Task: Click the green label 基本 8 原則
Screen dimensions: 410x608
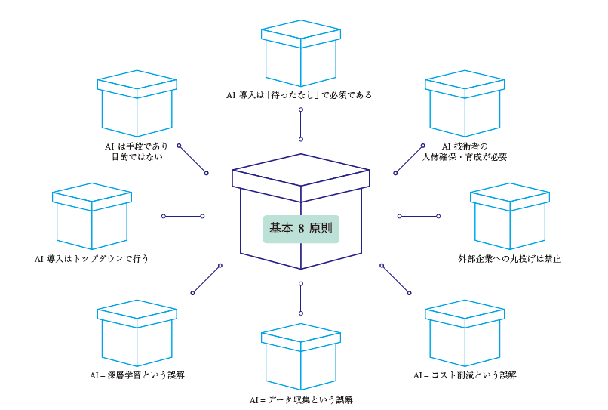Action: tap(301, 227)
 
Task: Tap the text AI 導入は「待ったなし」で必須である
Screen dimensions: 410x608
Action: tap(299, 96)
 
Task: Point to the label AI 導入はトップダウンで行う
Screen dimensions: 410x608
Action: tap(91, 258)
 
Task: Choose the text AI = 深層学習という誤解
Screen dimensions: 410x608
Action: tap(137, 375)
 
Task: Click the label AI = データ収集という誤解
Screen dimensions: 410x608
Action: tap(301, 399)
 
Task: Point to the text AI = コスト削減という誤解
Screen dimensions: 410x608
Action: tap(465, 375)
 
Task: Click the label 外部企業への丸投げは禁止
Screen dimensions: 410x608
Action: tap(510, 258)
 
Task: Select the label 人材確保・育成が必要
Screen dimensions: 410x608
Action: tap(465, 157)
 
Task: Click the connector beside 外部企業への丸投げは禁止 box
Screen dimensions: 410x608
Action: tap(419, 216)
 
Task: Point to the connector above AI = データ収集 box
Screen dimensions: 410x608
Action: tap(300, 298)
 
